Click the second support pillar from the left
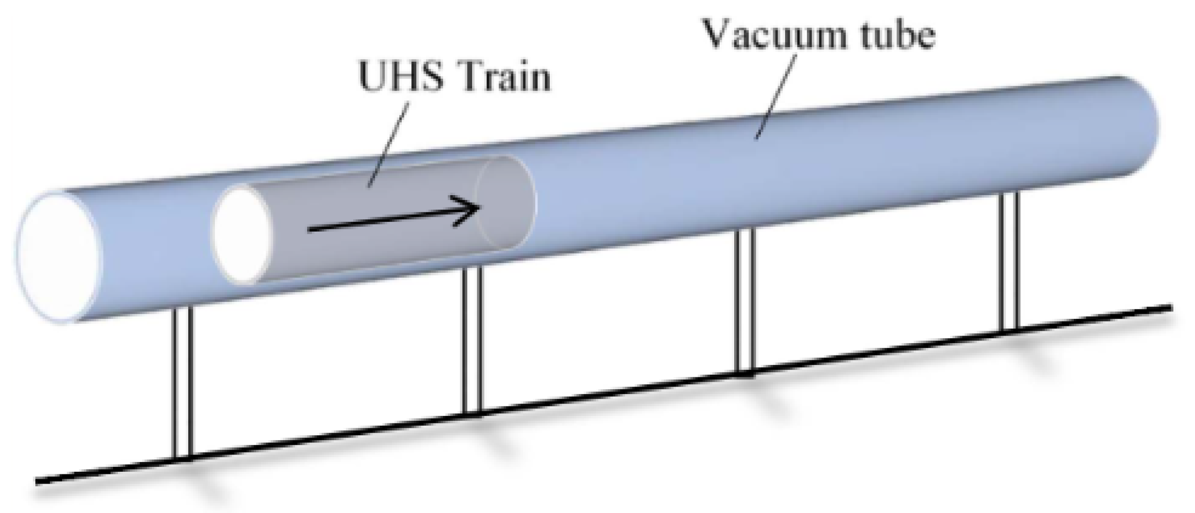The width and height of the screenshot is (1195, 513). point(473,340)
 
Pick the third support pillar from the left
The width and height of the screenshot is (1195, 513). point(745,300)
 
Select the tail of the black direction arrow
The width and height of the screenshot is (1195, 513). point(310,231)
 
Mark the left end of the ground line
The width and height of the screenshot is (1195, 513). point(36,482)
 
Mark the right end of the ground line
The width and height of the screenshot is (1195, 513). point(1170,308)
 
